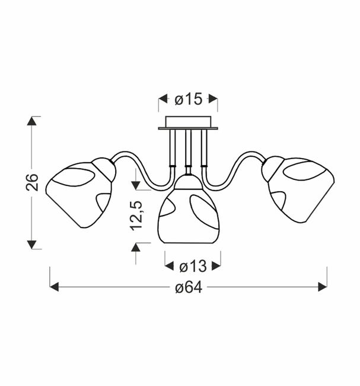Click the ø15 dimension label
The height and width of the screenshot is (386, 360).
pos(189,99)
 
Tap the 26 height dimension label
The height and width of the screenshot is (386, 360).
pos(32,182)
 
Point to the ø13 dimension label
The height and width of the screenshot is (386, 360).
pos(193,266)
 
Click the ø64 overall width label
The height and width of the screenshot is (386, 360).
pos(189,287)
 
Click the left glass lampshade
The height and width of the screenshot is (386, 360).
pos(79,194)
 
